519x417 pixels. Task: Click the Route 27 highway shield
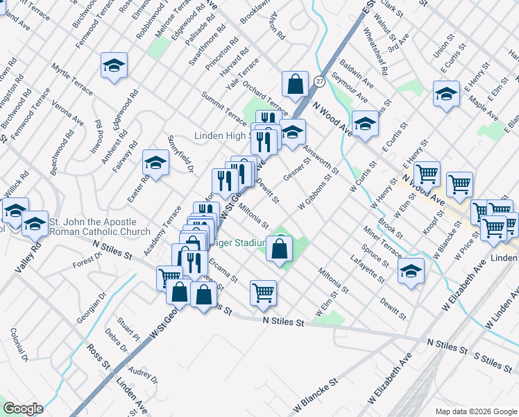point(318,81)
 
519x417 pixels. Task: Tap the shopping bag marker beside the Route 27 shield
point(295,84)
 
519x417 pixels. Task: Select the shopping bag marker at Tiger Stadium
point(279,250)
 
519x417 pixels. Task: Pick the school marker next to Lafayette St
point(411,272)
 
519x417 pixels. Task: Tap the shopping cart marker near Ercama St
point(263,293)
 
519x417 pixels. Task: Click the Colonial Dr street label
point(19,350)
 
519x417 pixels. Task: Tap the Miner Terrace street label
point(382,240)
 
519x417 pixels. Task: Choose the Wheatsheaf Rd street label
point(375,52)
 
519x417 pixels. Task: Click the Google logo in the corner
point(23,409)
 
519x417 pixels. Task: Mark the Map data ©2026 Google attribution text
point(475,411)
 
